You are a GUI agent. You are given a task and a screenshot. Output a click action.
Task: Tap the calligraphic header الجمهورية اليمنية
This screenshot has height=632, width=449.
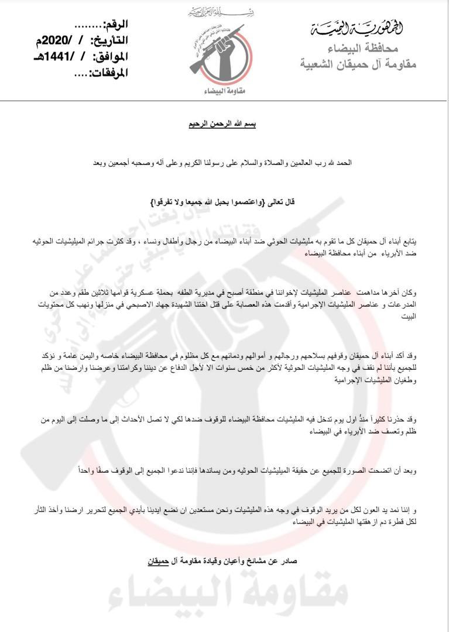[364, 27]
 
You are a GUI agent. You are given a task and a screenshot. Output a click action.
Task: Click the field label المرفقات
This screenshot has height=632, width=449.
[108, 74]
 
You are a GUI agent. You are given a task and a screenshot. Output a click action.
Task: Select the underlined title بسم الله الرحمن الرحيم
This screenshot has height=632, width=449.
[224, 125]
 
